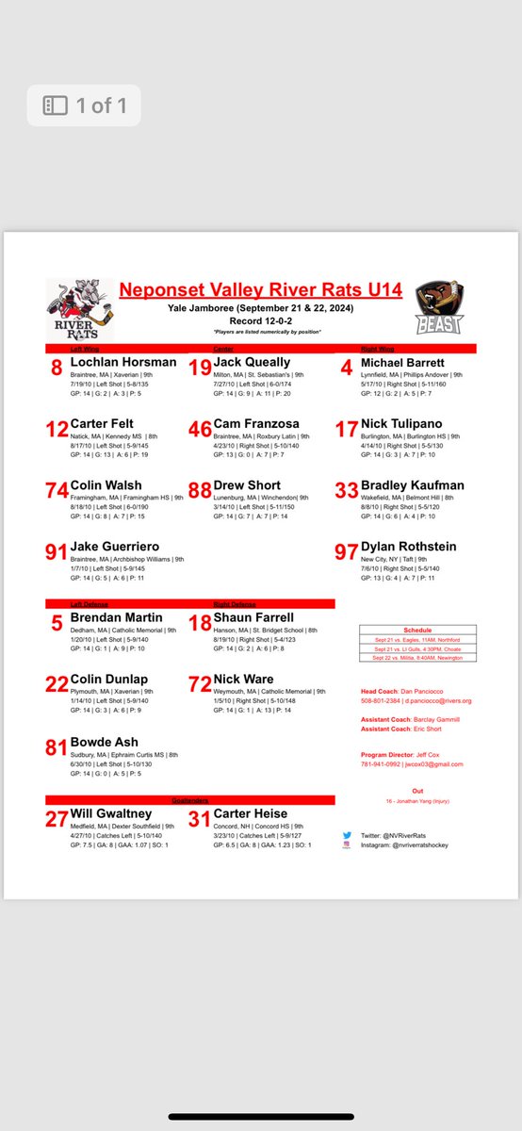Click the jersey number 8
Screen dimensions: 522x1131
tap(57, 369)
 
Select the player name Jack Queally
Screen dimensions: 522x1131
tap(252, 362)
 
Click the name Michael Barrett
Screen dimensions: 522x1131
tap(413, 362)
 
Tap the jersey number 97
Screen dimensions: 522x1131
tap(346, 553)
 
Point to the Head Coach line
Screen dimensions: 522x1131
tap(411, 692)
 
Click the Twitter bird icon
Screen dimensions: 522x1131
tap(347, 835)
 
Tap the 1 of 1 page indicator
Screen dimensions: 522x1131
tap(84, 106)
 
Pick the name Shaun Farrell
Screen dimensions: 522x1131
tap(253, 617)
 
